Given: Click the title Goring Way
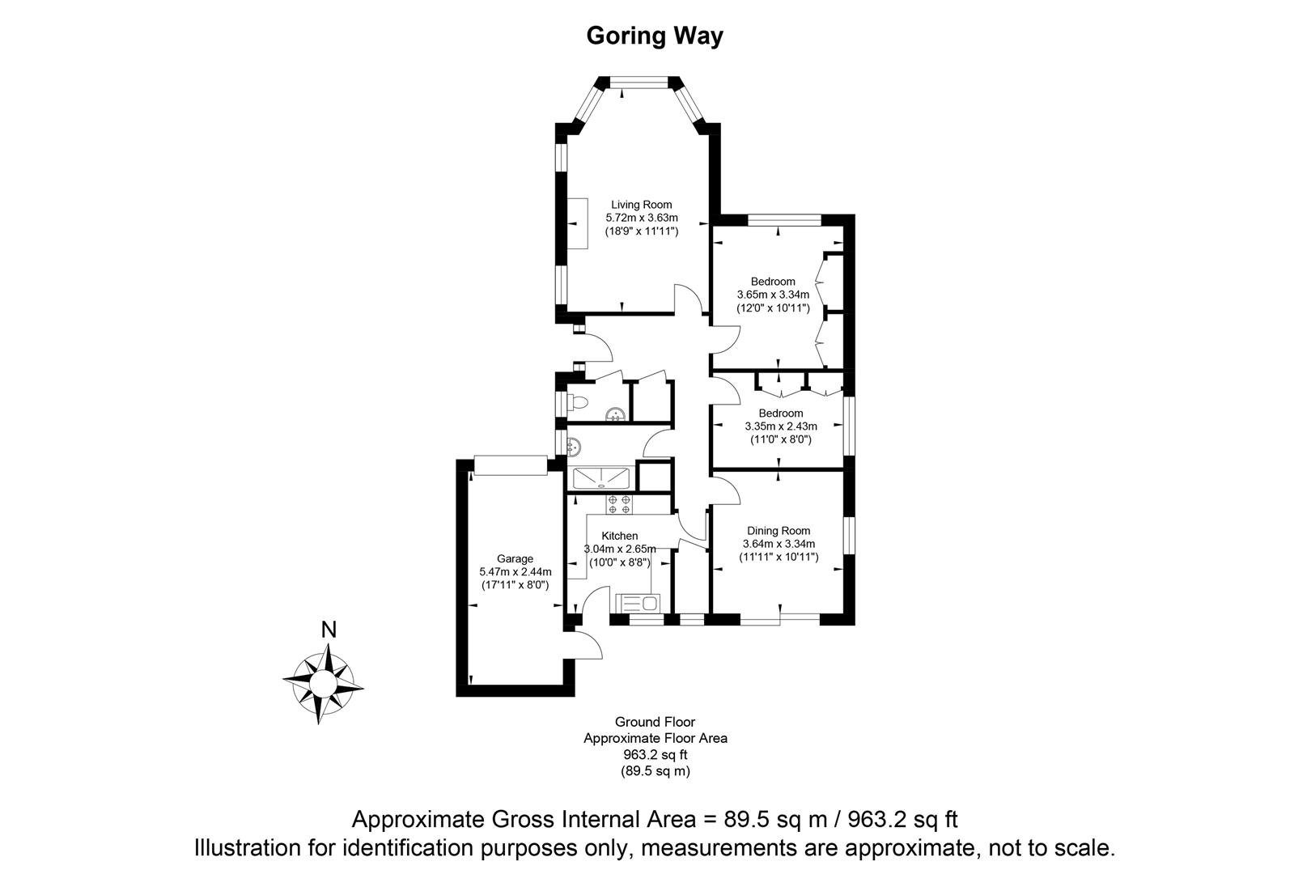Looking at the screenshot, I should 654,36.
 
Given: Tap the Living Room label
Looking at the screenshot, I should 641,205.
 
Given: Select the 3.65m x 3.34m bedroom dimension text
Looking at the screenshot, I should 773,295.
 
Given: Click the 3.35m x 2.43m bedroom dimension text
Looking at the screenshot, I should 780,426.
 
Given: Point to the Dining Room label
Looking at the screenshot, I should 779,531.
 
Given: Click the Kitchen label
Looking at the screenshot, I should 619,536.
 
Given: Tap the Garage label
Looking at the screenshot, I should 515,558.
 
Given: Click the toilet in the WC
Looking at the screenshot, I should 577,402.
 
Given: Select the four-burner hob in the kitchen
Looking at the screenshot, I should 619,504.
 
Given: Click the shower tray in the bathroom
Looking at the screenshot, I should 601,477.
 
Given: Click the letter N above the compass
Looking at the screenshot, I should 328,630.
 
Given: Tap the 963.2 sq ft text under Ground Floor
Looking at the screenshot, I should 655,755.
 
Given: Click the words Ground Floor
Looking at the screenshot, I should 655,722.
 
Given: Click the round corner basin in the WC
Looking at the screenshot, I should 617,415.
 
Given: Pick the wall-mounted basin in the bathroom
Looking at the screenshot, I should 574,445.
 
